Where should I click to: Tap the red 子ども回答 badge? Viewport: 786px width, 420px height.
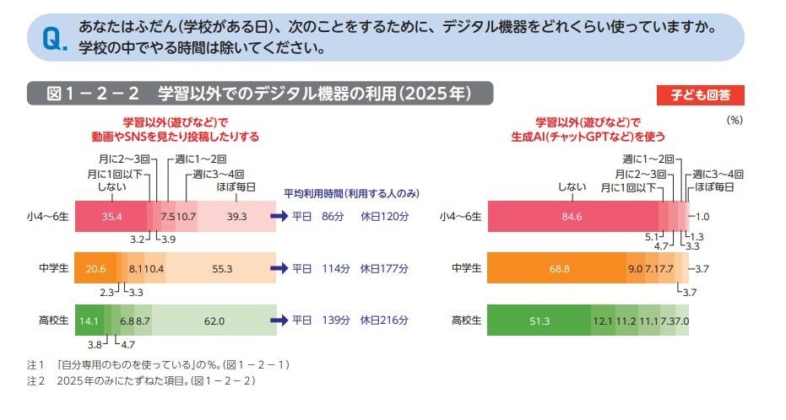point(700,94)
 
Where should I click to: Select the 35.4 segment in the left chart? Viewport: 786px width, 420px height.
point(111,216)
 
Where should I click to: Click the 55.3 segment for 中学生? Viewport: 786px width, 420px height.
point(223,268)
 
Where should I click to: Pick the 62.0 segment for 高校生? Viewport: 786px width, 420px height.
point(214,320)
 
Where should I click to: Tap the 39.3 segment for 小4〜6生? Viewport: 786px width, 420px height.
point(236,216)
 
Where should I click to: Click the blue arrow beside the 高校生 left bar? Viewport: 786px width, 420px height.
point(280,320)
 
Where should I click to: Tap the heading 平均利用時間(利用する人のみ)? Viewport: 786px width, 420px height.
point(351,193)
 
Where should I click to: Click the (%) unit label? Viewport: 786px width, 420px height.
point(734,120)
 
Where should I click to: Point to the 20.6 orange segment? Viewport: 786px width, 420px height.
point(95,268)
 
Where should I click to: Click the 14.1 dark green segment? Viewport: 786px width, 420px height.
point(89,320)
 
